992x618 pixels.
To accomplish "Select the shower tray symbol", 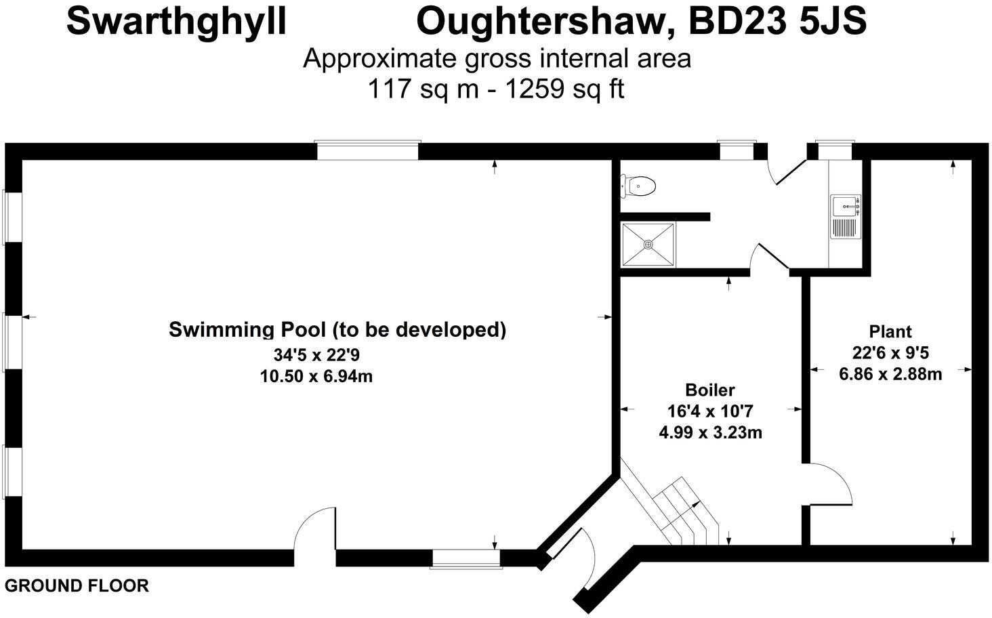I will [648, 245].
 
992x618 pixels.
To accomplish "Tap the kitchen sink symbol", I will [845, 217].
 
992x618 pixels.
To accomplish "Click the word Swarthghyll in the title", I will [176, 22].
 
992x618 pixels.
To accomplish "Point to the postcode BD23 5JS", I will [777, 22].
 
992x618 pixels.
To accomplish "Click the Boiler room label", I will [709, 390].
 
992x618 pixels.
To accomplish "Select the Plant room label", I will [890, 331].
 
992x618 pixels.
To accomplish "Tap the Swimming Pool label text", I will [337, 330].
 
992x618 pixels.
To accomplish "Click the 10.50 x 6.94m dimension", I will [316, 376].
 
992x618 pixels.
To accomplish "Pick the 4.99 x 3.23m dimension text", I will [710, 432].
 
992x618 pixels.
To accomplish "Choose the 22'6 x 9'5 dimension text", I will [890, 352].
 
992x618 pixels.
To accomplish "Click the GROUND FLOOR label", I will [77, 585].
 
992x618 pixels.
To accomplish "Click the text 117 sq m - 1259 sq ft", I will [495, 89].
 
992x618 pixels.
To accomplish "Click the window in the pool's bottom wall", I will [466, 558].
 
